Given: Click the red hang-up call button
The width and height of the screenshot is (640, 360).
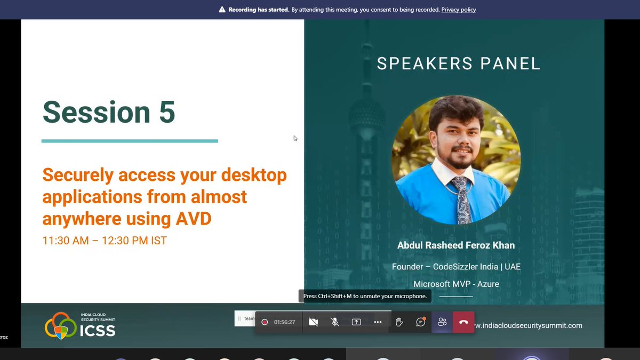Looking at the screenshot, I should pyautogui.click(x=463, y=322).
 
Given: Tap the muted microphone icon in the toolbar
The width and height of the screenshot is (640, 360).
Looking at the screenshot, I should pyautogui.click(x=334, y=322).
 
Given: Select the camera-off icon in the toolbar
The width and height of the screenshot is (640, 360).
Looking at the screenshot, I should pyautogui.click(x=313, y=322).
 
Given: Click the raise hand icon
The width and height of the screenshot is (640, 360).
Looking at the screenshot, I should pyautogui.click(x=399, y=322).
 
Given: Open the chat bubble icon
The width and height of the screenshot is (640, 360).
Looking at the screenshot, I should pyautogui.click(x=421, y=322).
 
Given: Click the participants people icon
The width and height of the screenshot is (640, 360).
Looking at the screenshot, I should pyautogui.click(x=442, y=322).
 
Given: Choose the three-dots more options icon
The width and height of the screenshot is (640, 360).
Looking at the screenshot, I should pyautogui.click(x=378, y=322).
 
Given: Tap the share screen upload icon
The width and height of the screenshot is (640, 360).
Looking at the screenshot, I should pyautogui.click(x=356, y=322).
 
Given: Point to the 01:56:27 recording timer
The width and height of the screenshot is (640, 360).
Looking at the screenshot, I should pyautogui.click(x=284, y=322).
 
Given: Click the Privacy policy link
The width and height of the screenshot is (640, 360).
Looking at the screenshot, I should pyautogui.click(x=459, y=10).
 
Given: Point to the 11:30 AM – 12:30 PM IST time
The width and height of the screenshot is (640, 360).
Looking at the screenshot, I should pyautogui.click(x=105, y=241).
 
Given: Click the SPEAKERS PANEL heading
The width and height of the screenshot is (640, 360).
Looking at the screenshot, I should pyautogui.click(x=459, y=63).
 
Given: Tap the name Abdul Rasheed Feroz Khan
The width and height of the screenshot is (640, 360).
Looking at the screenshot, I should pyautogui.click(x=456, y=245).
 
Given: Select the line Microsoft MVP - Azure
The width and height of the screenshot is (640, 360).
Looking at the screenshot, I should pyautogui.click(x=456, y=284).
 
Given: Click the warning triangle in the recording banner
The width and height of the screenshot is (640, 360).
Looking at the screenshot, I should pyautogui.click(x=222, y=10).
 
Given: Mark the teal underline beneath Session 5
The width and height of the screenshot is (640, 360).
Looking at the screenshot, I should pyautogui.click(x=130, y=141).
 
